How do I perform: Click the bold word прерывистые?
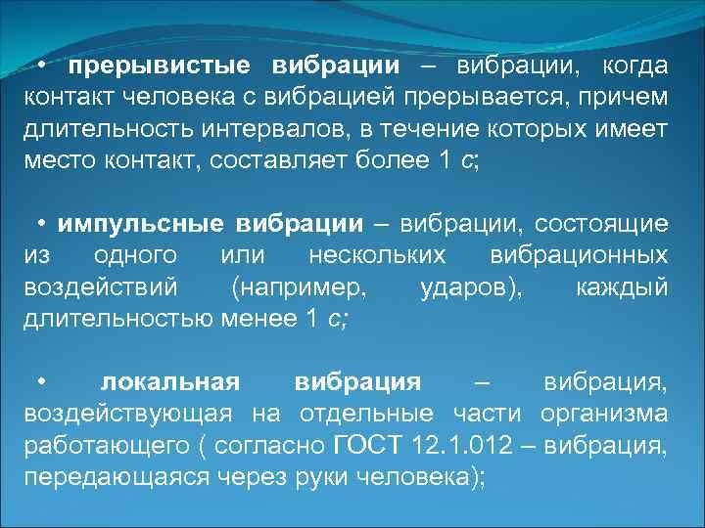pos(156,66)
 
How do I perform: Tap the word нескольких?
pos(377,255)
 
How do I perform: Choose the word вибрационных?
pos(578,255)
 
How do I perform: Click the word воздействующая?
pos(127,414)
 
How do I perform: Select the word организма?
pos(612,414)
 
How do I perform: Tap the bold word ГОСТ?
pos(366,446)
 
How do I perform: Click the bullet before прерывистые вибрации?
pos(44,66)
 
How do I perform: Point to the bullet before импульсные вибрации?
pos(44,224)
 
